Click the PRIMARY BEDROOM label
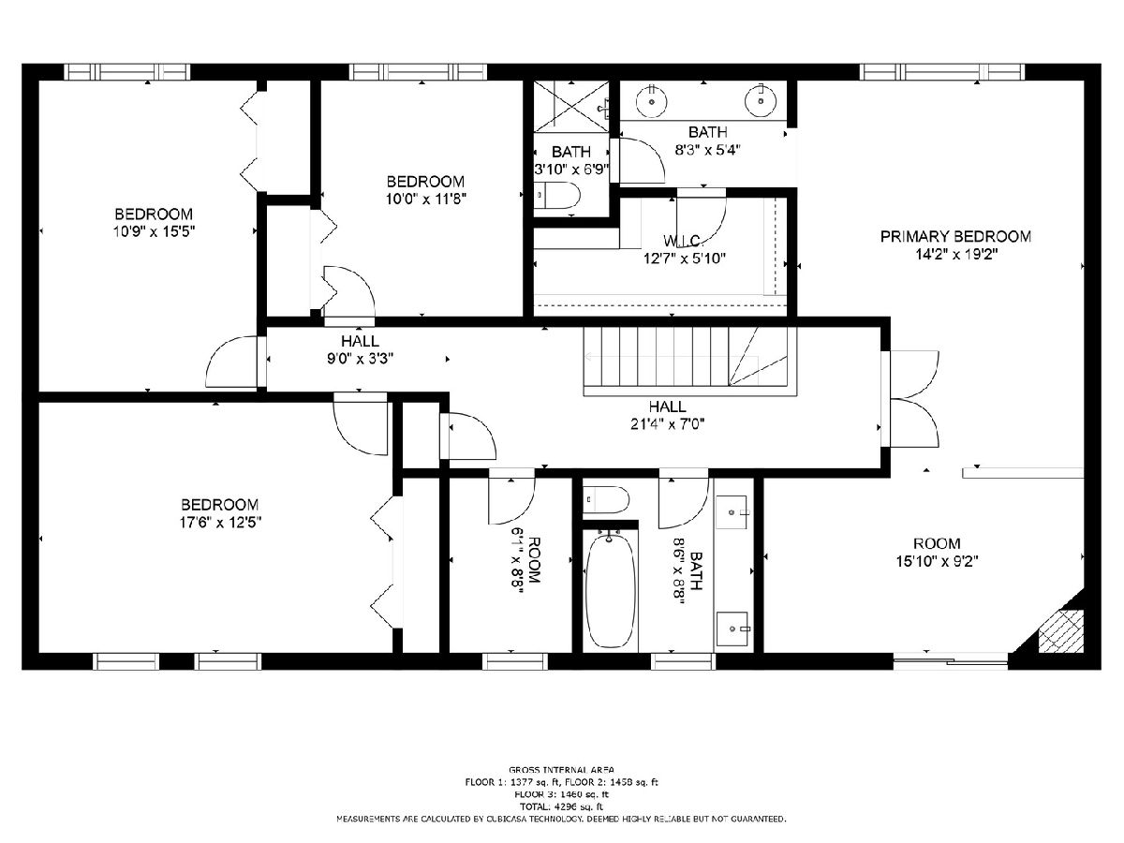coord(955,236)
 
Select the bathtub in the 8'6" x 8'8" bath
coord(611,591)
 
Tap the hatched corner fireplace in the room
coord(1060,630)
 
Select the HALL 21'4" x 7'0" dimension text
coord(668,423)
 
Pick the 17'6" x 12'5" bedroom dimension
coord(221,523)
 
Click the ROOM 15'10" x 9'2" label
coord(937,553)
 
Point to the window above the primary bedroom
coord(942,72)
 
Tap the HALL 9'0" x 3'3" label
coord(360,349)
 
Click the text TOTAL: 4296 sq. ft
coord(561,806)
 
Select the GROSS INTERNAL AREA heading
coord(561,770)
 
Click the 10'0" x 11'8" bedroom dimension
coord(426,199)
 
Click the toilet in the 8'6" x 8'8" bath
coord(606,499)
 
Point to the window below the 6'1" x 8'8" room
coord(515,661)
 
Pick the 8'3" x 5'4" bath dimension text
coord(708,150)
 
